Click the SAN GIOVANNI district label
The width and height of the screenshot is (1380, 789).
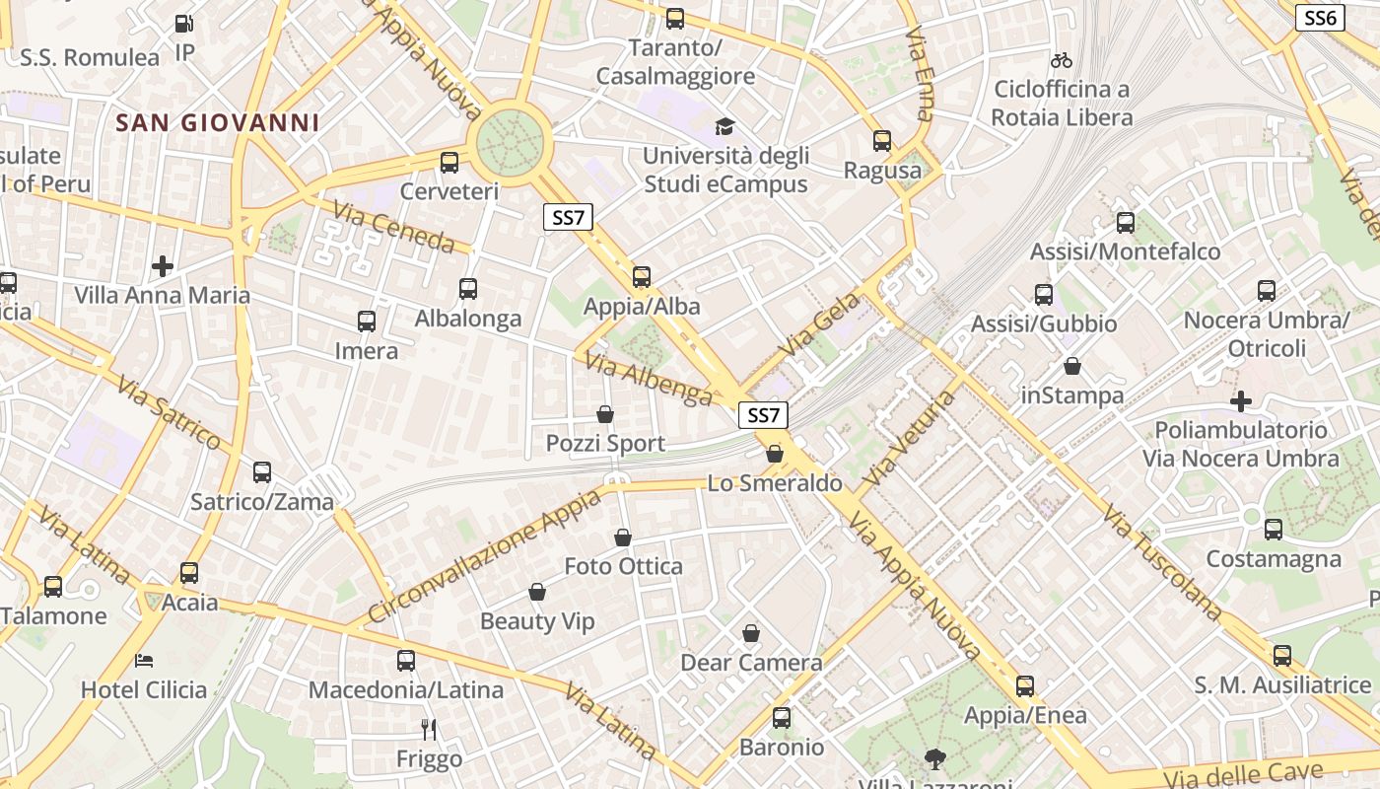click(x=217, y=123)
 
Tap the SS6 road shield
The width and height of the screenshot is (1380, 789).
click(x=1320, y=18)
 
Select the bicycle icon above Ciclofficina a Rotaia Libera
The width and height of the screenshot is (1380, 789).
click(x=1062, y=60)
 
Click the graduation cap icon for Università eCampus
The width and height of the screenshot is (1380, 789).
click(x=725, y=126)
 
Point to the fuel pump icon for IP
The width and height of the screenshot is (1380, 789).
click(x=184, y=24)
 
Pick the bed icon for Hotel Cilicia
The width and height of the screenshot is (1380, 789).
click(x=144, y=660)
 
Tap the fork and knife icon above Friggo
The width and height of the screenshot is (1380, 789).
click(x=429, y=730)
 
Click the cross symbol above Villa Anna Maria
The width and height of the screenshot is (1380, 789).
click(x=163, y=265)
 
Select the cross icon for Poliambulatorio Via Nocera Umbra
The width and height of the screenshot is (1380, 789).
click(x=1241, y=401)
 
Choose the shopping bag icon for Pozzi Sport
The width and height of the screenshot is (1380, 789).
click(x=605, y=415)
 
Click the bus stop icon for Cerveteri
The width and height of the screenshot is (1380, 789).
click(x=449, y=163)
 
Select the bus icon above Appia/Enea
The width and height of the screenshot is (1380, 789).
click(x=1025, y=686)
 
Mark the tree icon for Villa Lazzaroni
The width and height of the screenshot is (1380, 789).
click(x=934, y=758)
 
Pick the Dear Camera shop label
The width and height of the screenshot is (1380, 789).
click(x=751, y=663)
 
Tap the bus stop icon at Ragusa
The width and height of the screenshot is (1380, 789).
click(x=882, y=141)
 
